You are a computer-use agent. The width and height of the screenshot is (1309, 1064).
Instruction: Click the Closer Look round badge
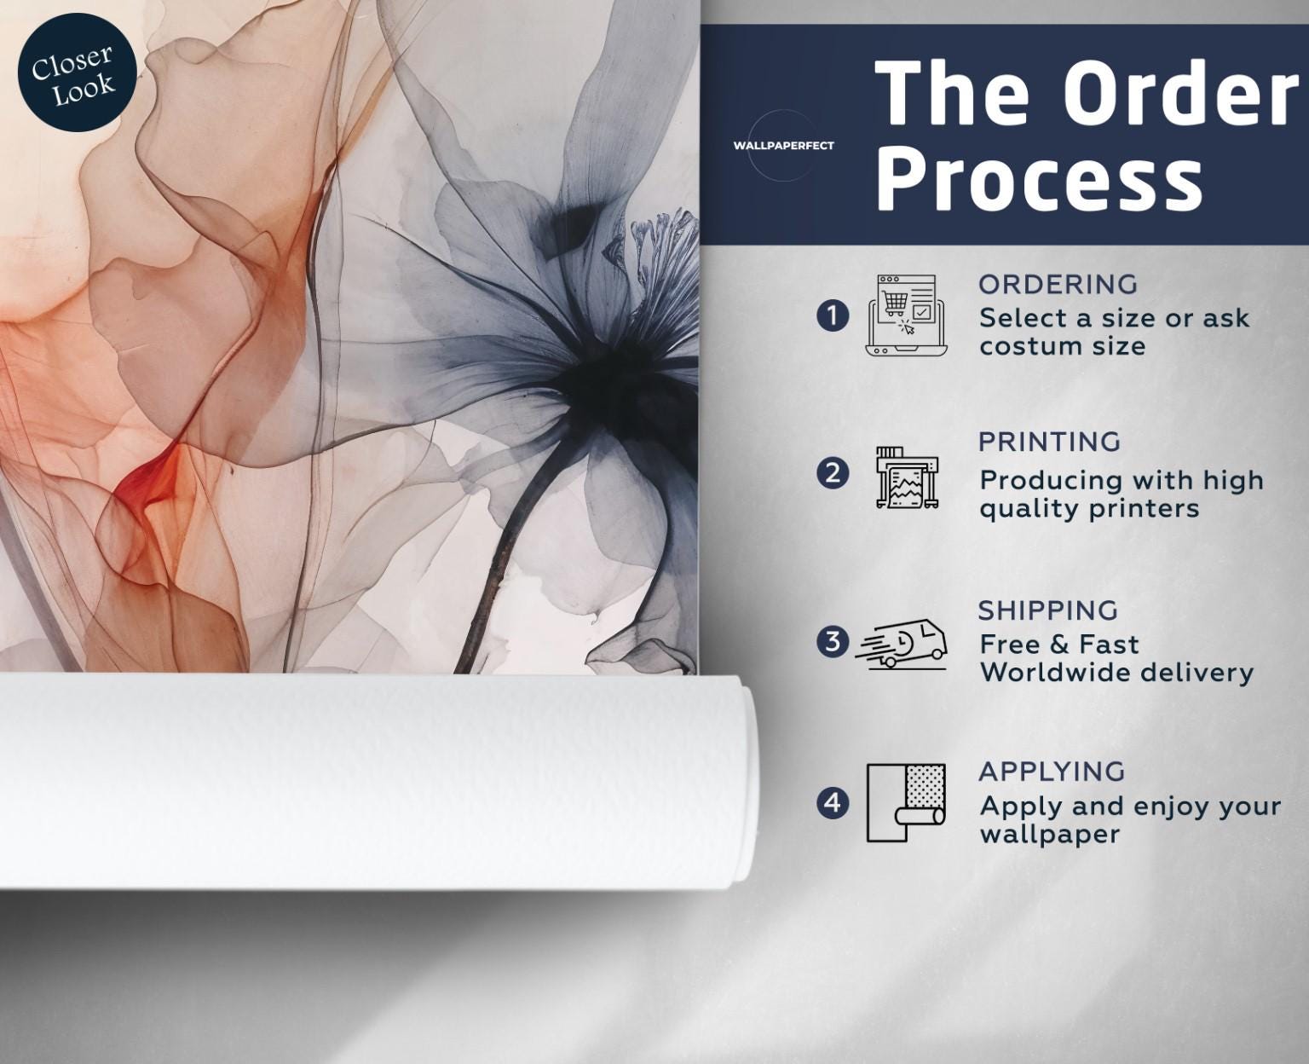[x=77, y=72]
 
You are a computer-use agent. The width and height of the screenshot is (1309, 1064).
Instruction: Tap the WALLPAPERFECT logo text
[x=783, y=146]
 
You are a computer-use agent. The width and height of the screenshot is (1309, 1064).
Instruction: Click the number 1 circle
[x=833, y=316]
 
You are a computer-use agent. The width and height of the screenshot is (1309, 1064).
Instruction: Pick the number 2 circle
[x=833, y=474]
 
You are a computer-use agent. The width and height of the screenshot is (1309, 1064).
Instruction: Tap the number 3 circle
[x=833, y=641]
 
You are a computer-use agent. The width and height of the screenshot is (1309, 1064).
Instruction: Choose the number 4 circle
[x=833, y=803]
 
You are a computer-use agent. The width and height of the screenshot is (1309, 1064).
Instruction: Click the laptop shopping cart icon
[x=907, y=315]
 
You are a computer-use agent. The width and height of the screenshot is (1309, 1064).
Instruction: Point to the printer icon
[x=907, y=477]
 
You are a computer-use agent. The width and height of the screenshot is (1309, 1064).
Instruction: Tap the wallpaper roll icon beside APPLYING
[x=906, y=803]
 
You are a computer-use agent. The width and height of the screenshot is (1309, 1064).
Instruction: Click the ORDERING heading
[x=1058, y=285]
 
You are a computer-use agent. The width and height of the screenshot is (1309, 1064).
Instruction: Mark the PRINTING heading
[x=1049, y=442]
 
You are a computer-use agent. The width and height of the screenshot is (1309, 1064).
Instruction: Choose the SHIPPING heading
[x=1048, y=610]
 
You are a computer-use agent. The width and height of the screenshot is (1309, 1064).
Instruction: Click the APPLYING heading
[x=1052, y=772]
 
